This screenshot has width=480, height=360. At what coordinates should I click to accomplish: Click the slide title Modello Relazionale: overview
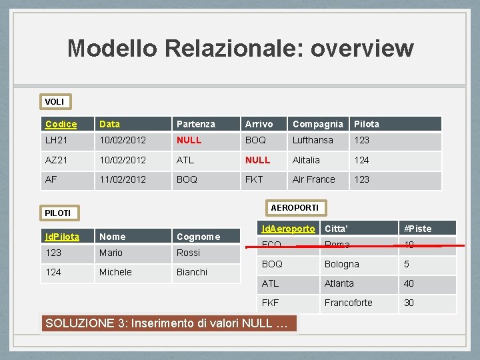point(240,48)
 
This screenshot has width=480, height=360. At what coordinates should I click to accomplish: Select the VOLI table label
point(55,102)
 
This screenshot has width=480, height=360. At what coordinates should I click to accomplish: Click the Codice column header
point(61,124)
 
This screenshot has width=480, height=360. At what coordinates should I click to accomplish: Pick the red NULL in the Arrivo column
point(258,160)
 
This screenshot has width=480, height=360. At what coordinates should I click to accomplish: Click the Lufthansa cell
point(313,141)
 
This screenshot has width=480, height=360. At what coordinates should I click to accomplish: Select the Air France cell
point(313,179)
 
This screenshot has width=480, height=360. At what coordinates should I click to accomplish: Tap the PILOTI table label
point(58,213)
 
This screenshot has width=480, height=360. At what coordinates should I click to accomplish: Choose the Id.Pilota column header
point(62,237)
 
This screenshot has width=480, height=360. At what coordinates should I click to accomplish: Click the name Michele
point(115,272)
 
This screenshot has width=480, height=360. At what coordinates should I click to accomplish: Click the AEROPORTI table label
point(294,208)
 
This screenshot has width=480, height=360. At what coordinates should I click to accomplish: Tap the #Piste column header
point(418,229)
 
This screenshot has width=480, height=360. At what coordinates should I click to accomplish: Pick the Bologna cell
point(341,264)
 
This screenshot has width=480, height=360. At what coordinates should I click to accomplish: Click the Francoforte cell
point(348,303)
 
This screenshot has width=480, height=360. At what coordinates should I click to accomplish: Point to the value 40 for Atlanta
point(409,283)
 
